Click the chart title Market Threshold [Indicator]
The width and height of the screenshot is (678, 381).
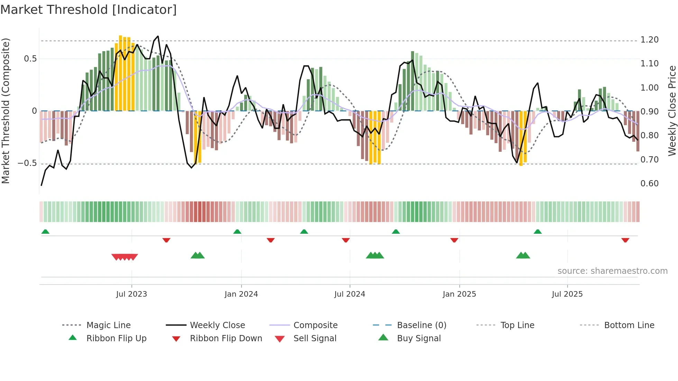coord(89,10)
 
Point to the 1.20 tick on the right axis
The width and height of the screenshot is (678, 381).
coord(649,40)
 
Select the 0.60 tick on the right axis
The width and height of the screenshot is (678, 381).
coord(649,184)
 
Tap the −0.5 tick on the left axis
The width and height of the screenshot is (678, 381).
coord(27,163)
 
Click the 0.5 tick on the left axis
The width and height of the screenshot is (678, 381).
coord(30,59)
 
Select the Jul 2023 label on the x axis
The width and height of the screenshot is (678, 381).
coord(131,294)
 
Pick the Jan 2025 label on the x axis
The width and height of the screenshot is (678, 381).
coord(459,294)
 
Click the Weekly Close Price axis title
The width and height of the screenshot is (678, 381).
coord(672,111)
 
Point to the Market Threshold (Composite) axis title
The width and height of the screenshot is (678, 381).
coord(6,111)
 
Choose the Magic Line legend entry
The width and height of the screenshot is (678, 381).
coord(108,325)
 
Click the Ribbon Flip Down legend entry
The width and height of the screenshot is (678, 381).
coord(226,338)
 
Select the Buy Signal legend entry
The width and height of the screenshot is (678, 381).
coord(419,338)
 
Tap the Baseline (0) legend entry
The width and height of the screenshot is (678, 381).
coord(421,325)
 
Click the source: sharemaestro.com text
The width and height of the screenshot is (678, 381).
coord(612,271)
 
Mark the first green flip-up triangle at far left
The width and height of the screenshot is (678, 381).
coord(45,232)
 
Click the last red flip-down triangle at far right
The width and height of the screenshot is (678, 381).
coord(625,240)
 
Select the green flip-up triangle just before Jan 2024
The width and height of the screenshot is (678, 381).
coord(237,232)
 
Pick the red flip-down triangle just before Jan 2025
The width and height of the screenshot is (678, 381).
coord(454,240)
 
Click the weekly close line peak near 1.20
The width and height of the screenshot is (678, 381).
coord(158,36)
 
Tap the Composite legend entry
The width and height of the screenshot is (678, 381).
coord(315,325)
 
